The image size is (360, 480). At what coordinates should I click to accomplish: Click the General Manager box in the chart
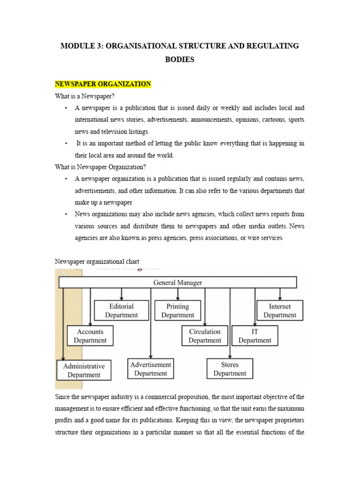(178, 283)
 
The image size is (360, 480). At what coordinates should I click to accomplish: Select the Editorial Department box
(121, 311)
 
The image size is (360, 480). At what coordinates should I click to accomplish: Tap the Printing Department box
(178, 311)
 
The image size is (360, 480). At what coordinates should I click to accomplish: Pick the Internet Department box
(280, 311)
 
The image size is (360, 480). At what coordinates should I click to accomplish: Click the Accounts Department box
(90, 336)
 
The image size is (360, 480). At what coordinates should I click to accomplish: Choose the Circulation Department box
(204, 336)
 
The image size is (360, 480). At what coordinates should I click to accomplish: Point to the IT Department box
(255, 336)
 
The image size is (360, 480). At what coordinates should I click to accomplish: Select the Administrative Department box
(84, 370)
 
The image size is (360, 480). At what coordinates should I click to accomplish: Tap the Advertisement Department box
(150, 369)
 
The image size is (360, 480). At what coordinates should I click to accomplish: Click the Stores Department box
(230, 369)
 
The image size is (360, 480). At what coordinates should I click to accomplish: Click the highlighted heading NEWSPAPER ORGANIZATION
(103, 84)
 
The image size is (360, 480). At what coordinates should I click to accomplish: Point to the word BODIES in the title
(180, 60)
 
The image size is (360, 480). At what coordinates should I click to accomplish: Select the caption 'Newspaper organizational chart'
(97, 261)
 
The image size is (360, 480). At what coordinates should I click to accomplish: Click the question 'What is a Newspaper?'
(85, 96)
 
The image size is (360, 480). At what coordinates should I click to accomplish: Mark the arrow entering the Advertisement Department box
(150, 355)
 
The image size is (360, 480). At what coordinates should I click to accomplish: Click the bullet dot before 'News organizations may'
(66, 214)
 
